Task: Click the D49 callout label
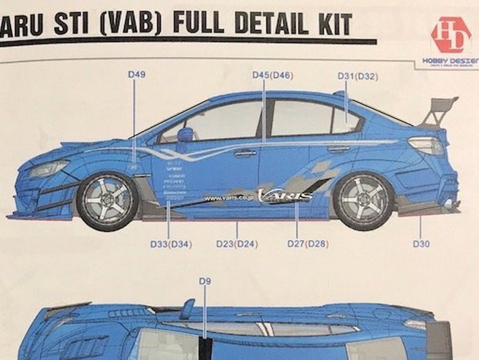[x=137, y=74]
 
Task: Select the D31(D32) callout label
[x=358, y=76]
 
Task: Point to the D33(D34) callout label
[x=171, y=244]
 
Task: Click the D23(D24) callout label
[x=237, y=244]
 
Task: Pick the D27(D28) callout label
[x=308, y=244]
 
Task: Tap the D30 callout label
[x=421, y=243]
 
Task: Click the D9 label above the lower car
[x=205, y=281]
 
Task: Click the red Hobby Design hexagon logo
[x=450, y=36]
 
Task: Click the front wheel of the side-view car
[x=108, y=200]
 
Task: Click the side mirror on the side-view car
[x=185, y=135]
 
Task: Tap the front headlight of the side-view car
[x=49, y=168]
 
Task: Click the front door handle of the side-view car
[x=246, y=153]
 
